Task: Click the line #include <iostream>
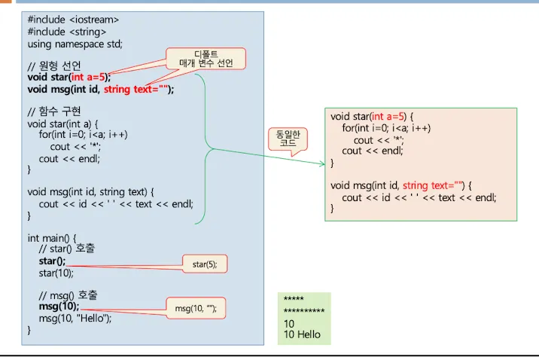click(73, 18)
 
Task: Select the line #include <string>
click(67, 31)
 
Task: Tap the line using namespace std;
click(75, 44)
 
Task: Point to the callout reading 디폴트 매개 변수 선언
click(206, 58)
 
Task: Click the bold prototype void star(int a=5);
click(69, 77)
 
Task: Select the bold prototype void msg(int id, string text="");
click(101, 89)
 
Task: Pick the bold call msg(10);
click(59, 307)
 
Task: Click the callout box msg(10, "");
click(200, 308)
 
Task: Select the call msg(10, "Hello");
click(75, 318)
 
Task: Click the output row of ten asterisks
click(303, 311)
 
